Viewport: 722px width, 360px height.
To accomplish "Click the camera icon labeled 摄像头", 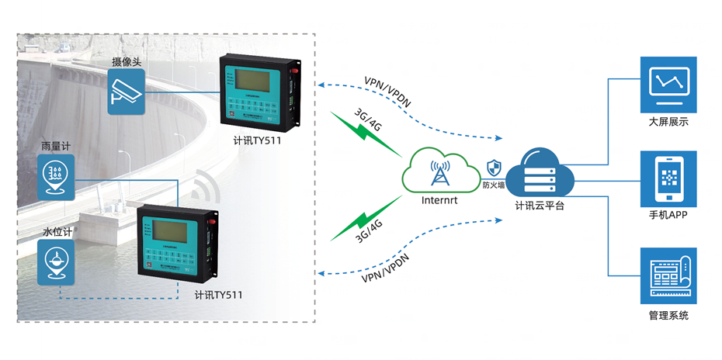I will tap(127, 93).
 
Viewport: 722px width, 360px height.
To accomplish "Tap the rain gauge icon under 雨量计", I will tap(56, 175).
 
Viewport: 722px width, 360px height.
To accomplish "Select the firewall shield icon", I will tap(492, 168).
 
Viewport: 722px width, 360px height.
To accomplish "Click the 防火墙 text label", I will tap(494, 185).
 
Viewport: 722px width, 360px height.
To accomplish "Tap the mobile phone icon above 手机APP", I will tap(668, 180).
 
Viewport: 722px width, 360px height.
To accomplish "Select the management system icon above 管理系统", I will tap(668, 276).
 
